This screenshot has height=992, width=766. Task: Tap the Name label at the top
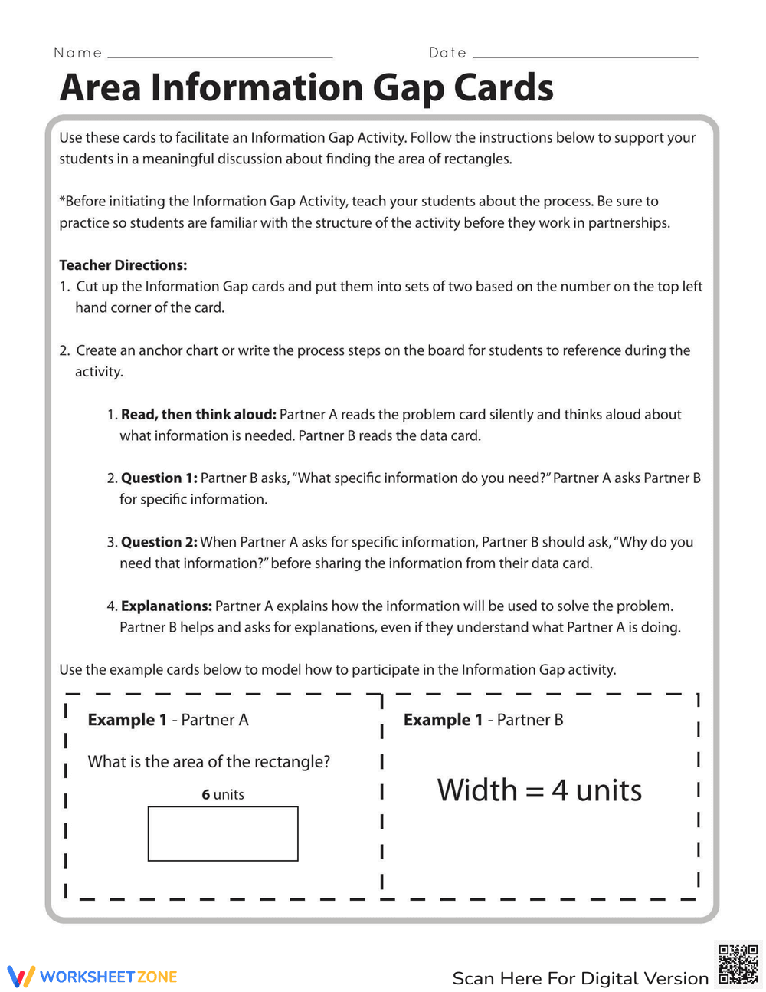click(x=77, y=53)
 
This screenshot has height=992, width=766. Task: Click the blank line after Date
click(x=585, y=56)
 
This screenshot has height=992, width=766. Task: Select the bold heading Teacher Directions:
click(x=123, y=265)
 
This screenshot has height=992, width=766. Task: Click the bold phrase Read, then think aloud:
click(x=198, y=415)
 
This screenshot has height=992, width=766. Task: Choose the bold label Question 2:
click(x=159, y=542)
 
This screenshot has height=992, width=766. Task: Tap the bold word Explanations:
click(x=166, y=606)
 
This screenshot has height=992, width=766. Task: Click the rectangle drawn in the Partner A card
click(x=223, y=833)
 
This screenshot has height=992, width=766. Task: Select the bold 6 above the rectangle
click(x=206, y=795)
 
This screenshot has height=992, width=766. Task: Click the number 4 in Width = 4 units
click(x=560, y=790)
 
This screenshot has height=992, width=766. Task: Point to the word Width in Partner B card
click(x=477, y=790)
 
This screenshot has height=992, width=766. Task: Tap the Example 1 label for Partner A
click(x=127, y=720)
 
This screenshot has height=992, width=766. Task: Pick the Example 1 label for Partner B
click(x=443, y=720)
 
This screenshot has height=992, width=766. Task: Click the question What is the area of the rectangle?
click(x=209, y=762)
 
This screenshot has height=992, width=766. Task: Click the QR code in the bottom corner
click(x=738, y=965)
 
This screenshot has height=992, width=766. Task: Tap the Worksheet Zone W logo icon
click(x=21, y=977)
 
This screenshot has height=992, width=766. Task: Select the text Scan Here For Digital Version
click(x=581, y=979)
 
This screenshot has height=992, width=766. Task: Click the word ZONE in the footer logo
click(x=157, y=977)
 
